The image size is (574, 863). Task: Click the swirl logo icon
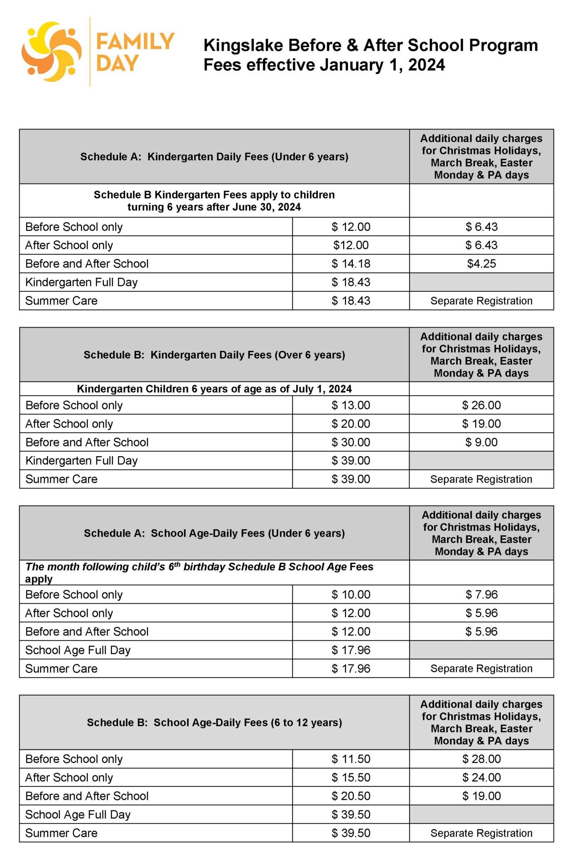coord(52,52)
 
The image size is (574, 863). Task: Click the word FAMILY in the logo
coord(135,42)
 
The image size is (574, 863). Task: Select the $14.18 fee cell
coord(351,264)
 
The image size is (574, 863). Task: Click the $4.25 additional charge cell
coord(481,264)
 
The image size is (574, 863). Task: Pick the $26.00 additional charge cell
coord(481,405)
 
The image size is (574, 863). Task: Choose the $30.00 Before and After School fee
coord(351,442)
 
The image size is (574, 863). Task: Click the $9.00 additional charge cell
coord(481,442)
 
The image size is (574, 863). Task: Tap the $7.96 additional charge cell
coord(481,594)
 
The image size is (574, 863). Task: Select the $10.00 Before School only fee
coord(351,594)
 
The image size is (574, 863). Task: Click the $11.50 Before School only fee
coord(351,759)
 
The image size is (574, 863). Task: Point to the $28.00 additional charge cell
coord(481,759)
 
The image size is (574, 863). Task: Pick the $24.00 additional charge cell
coord(481,777)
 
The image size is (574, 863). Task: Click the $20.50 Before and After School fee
coord(351,796)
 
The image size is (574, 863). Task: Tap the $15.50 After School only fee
coord(351,777)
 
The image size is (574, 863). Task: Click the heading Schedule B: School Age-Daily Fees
coord(214,722)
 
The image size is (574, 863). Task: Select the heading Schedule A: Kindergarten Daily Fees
coord(214,157)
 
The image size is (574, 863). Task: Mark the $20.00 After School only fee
coord(351,424)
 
